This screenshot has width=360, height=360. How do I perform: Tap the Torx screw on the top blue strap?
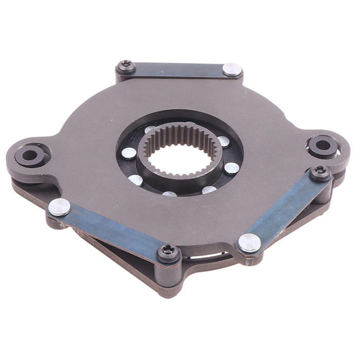[125, 66]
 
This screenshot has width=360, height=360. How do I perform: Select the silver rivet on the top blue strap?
[232, 69]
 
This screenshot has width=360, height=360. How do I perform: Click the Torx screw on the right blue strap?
[320, 172]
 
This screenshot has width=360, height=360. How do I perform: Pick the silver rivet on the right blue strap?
[249, 242]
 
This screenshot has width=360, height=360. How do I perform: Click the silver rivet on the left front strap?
[59, 207]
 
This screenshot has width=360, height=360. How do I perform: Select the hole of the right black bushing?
[323, 145]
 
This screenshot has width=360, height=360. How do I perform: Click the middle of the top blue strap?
[177, 70]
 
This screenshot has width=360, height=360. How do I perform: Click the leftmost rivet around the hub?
[129, 153]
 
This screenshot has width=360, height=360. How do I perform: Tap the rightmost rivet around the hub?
[232, 168]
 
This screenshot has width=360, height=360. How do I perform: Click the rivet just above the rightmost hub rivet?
[224, 141]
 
